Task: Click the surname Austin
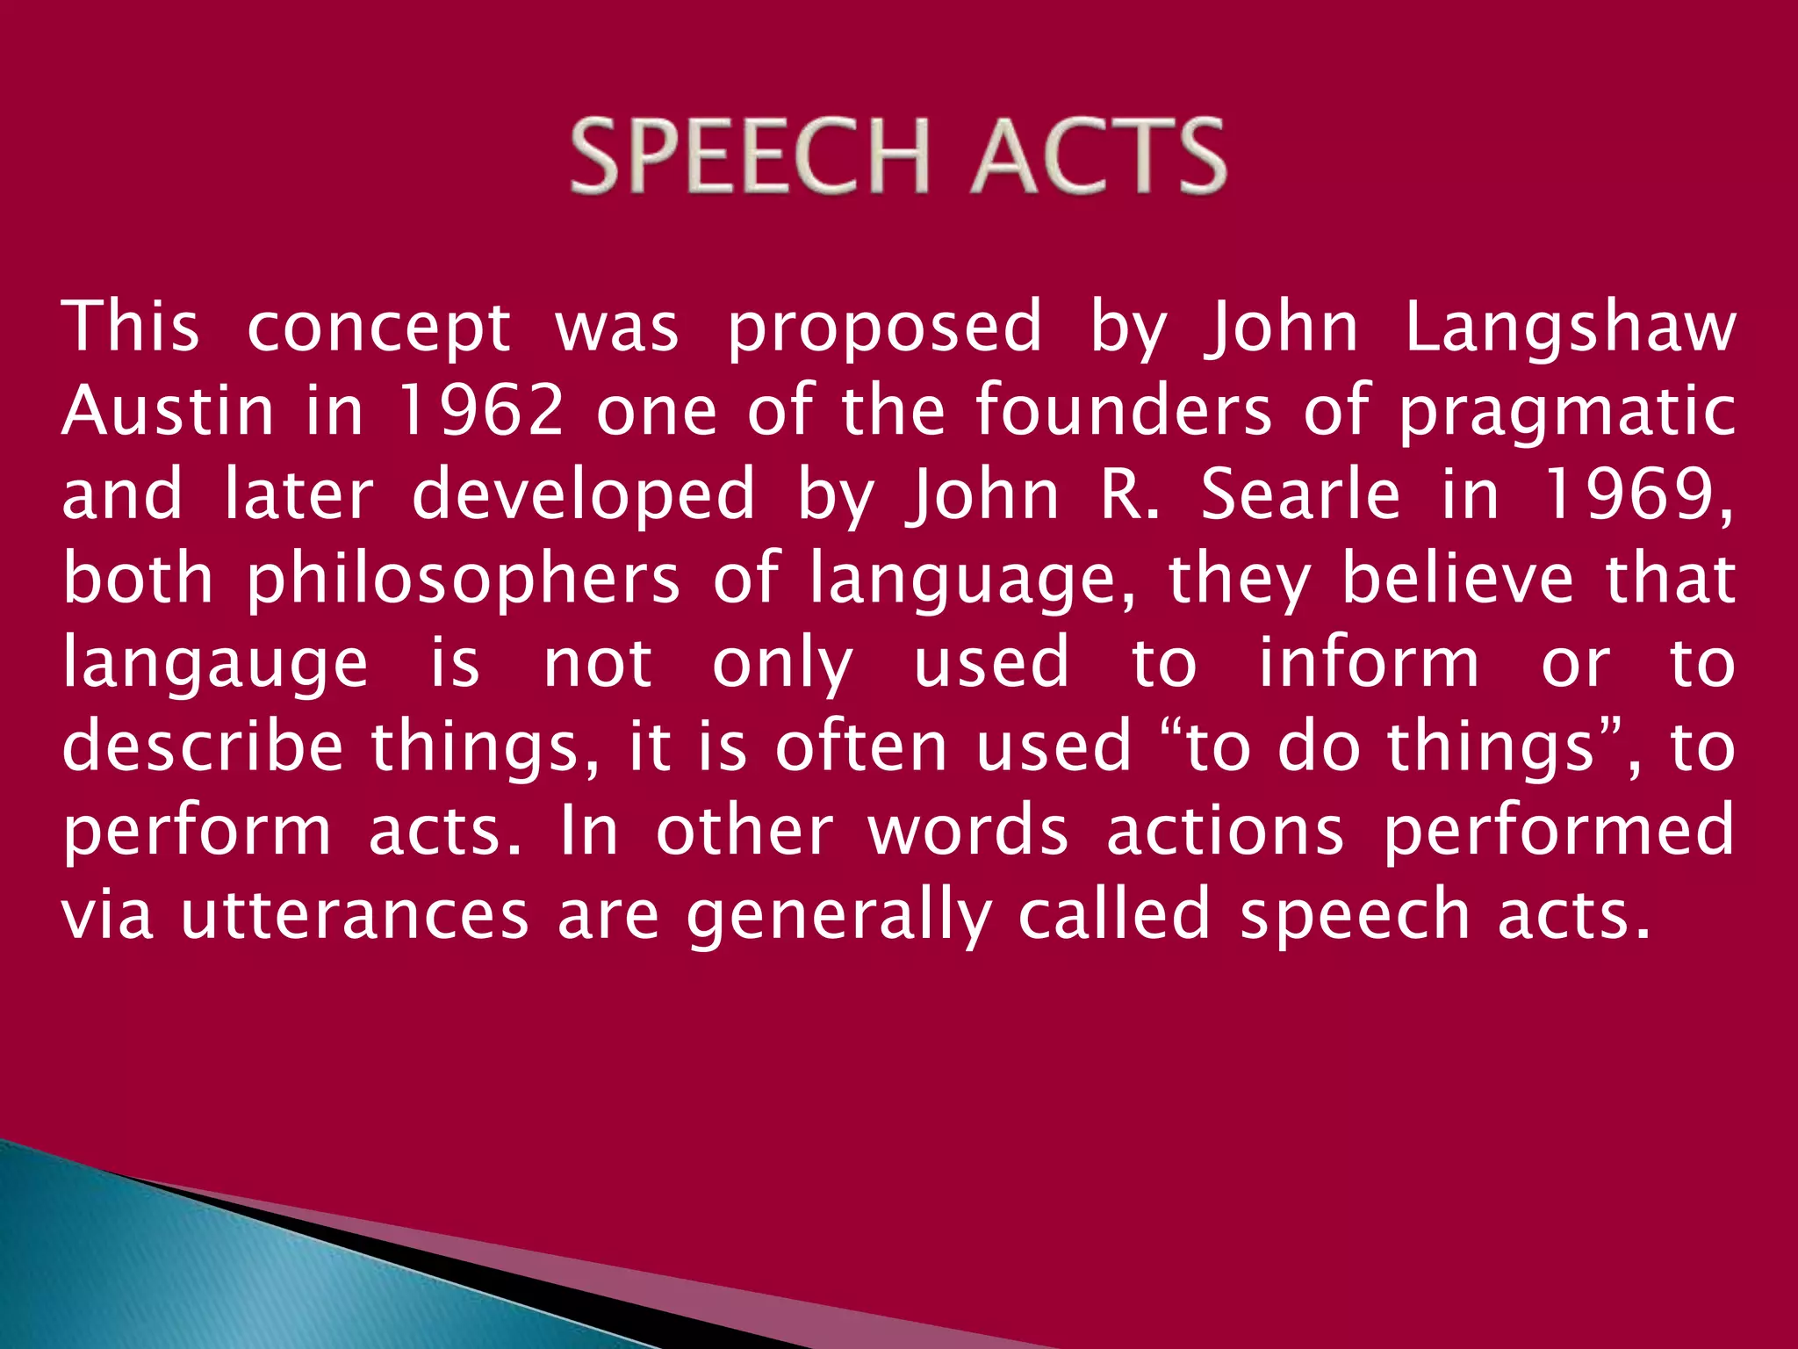pyautogui.click(x=168, y=411)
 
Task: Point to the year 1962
pyautogui.click(x=479, y=411)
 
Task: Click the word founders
pyautogui.click(x=1123, y=411)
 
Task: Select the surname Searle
pyautogui.click(x=1299, y=495)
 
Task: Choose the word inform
pyautogui.click(x=1369, y=662)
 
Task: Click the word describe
pyautogui.click(x=202, y=747)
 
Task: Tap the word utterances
pyautogui.click(x=355, y=915)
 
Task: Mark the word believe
pyautogui.click(x=1458, y=580)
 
